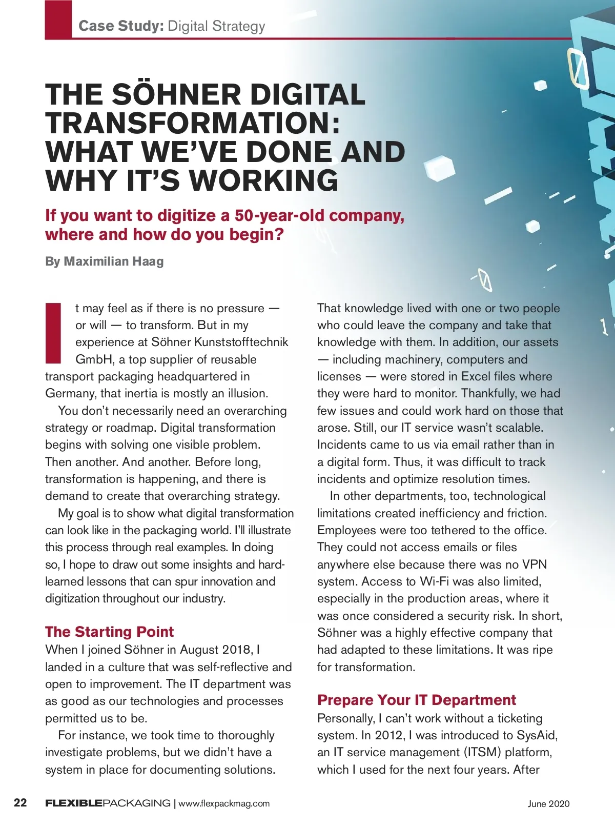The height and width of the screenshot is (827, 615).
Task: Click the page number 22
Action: pyautogui.click(x=20, y=802)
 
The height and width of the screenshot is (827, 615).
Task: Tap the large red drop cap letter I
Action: pyautogui.click(x=53, y=333)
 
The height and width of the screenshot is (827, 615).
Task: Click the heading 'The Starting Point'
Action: pyautogui.click(x=109, y=631)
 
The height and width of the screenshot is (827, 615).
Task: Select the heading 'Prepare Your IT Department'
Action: pyautogui.click(x=416, y=700)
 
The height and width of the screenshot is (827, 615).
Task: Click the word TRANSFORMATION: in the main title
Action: pyautogui.click(x=193, y=124)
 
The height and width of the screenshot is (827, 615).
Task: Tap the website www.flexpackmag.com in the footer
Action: pyautogui.click(x=224, y=803)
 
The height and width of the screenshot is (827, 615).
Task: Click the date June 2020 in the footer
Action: pyautogui.click(x=548, y=803)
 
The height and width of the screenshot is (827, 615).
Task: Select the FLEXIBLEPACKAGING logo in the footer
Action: pyautogui.click(x=108, y=803)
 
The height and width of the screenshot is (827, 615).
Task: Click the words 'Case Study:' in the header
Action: pyautogui.click(x=121, y=26)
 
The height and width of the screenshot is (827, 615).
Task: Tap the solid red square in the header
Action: pyautogui.click(x=58, y=19)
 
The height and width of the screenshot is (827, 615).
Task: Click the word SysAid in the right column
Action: pyautogui.click(x=536, y=735)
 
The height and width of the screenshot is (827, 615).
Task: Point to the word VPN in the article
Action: pyautogui.click(x=534, y=564)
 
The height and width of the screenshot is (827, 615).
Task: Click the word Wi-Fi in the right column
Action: pyautogui.click(x=435, y=581)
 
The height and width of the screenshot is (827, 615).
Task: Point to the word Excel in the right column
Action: pyautogui.click(x=478, y=376)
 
